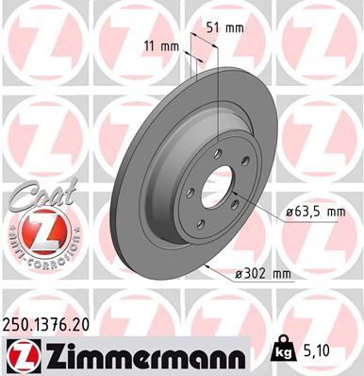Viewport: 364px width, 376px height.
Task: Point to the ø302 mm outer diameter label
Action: [265, 274]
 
